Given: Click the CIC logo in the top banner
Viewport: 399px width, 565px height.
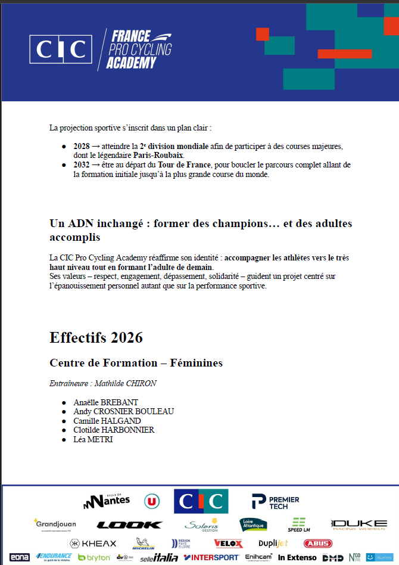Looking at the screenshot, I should coord(61,49).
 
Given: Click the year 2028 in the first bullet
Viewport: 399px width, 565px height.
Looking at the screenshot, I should coord(82,146).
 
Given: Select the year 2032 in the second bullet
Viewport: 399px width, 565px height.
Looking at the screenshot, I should coord(82,164).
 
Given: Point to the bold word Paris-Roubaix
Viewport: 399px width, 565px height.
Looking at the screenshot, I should coord(158,155).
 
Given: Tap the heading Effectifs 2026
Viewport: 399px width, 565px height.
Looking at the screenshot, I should coord(96,337).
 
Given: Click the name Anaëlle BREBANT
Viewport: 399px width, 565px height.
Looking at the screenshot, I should coord(105,402).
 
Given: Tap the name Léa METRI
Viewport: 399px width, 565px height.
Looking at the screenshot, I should coord(93,439).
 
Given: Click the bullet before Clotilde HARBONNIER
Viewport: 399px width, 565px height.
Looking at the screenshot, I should coord(64,430).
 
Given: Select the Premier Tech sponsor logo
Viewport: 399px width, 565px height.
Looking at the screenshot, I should coord(275,502).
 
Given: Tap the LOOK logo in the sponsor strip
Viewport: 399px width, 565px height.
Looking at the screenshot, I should coord(129,525).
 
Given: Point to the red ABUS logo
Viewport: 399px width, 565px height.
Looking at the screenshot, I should coord(317,544).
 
